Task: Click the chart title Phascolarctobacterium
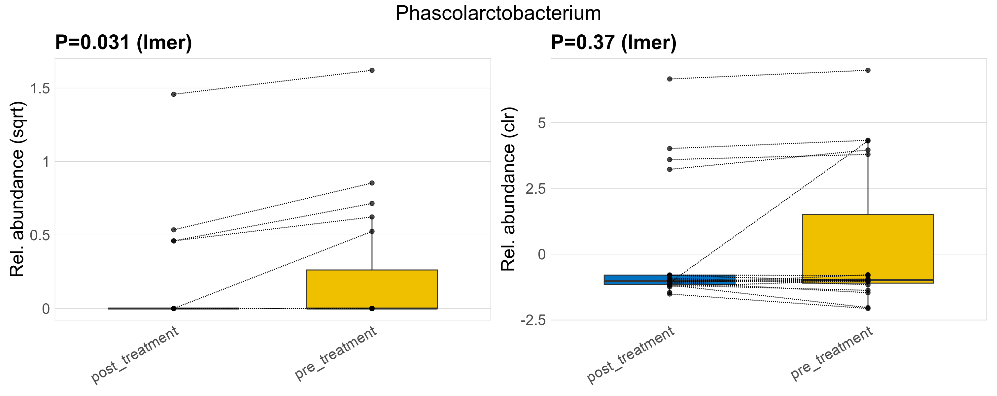(498, 13)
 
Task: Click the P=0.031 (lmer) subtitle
(123, 42)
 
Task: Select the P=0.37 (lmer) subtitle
(613, 42)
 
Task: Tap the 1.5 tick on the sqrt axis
(40, 88)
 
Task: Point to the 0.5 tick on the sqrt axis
(40, 235)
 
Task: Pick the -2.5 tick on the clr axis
(533, 320)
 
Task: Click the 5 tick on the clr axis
(542, 123)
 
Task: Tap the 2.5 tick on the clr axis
(536, 189)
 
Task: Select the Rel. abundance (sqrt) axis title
(17, 189)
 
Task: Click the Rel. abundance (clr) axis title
(508, 189)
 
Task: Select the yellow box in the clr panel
(867, 247)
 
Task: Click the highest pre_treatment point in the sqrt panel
(371, 70)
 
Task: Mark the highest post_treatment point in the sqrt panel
(174, 94)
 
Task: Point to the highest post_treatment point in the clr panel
(670, 79)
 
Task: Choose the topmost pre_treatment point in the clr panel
(868, 70)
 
